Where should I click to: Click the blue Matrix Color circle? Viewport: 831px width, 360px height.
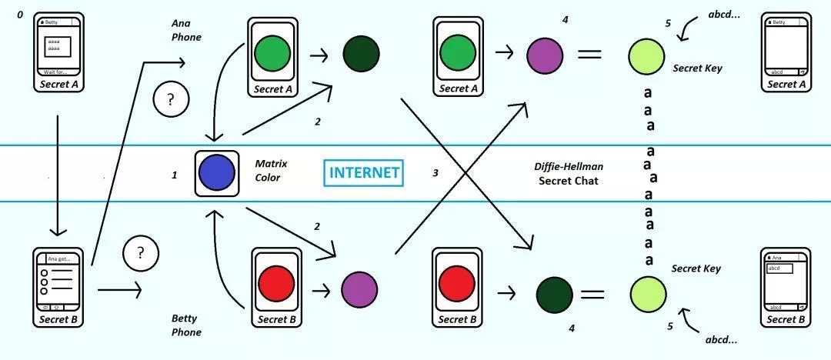(216, 172)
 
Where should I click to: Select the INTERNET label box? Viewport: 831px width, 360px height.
(364, 172)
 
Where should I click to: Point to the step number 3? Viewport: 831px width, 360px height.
(436, 173)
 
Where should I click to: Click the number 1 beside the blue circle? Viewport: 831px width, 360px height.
(175, 175)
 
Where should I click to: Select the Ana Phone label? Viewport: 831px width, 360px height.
(186, 30)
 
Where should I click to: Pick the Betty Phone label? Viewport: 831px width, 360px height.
(186, 325)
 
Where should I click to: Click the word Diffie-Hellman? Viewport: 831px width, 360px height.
(568, 166)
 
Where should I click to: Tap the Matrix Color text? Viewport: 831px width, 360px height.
(268, 170)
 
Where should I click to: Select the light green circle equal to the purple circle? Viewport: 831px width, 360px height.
(646, 57)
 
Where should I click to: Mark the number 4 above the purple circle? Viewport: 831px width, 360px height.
(566, 18)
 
